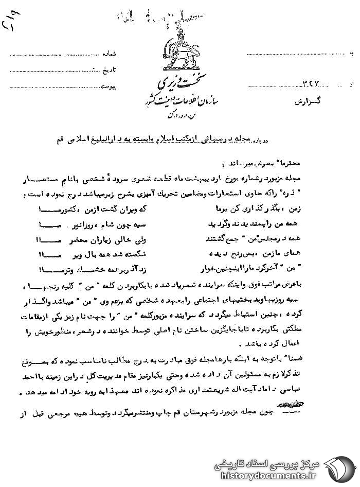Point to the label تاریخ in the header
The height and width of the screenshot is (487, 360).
pyautogui.click(x=121, y=68)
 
